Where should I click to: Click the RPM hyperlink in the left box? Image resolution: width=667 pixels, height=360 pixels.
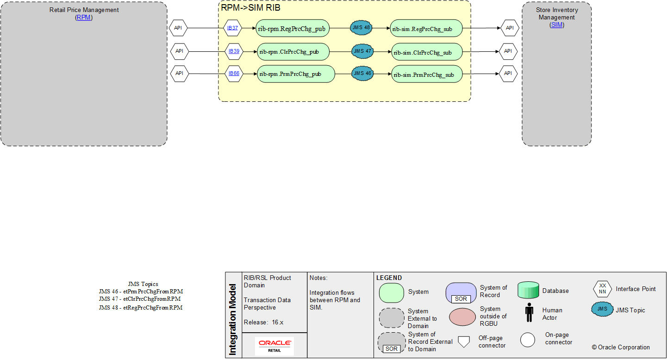click(84, 18)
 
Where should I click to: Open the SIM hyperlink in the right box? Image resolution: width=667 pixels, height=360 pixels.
click(556, 25)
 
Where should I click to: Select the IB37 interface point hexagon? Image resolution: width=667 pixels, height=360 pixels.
click(232, 28)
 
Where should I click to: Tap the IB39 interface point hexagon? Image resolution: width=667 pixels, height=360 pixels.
click(234, 51)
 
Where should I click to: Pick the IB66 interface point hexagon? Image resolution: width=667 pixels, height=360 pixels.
click(234, 73)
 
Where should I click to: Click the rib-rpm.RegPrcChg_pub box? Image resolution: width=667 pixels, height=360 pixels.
click(293, 28)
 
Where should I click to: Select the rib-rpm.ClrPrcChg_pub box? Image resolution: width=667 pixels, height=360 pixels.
click(293, 51)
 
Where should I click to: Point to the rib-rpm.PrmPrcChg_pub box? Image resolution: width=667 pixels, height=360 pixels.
click(296, 74)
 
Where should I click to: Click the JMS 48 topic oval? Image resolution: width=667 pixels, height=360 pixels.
click(361, 28)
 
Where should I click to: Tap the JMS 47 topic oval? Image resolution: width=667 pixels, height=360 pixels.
click(362, 51)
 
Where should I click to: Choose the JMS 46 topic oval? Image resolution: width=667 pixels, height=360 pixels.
click(362, 73)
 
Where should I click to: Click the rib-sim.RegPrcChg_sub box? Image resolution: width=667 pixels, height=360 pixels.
click(426, 28)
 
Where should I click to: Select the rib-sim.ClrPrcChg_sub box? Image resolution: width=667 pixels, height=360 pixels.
click(427, 52)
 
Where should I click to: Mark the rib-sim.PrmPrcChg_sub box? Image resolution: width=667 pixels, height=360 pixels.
click(427, 74)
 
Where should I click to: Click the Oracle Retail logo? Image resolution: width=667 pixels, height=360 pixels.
click(274, 346)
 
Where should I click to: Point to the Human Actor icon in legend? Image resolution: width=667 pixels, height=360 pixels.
click(529, 312)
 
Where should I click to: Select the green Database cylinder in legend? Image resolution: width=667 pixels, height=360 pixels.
click(528, 290)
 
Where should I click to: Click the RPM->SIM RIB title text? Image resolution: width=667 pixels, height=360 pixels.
click(250, 8)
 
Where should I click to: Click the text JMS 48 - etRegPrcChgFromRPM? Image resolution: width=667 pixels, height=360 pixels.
click(141, 308)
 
